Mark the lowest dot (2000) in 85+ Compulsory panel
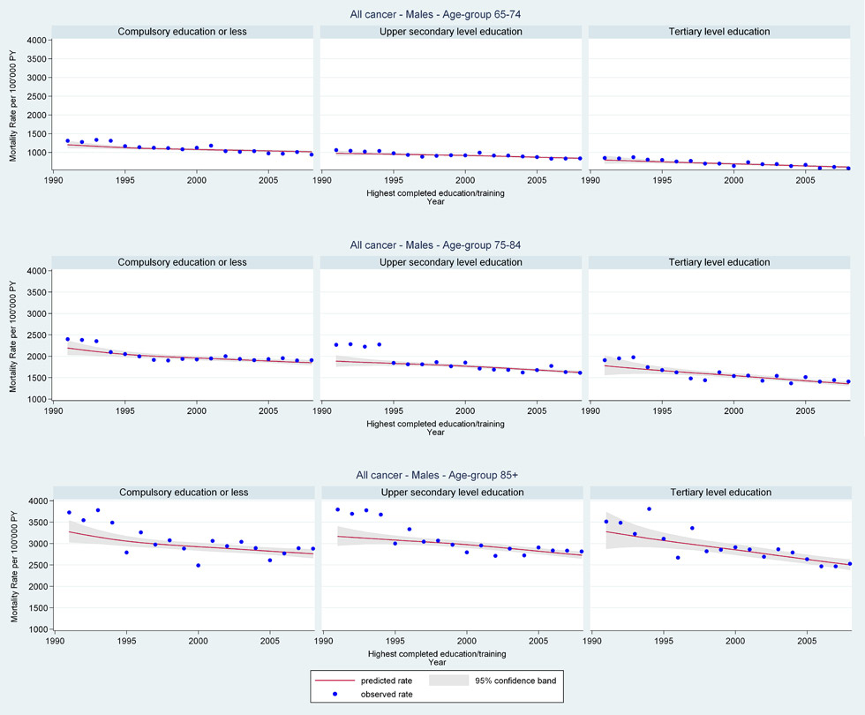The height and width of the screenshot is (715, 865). coord(198,565)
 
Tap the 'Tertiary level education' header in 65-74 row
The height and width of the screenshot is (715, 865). coord(722,32)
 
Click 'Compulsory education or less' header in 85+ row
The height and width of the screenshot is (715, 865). coord(183,493)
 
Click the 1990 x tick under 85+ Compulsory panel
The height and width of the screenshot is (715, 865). coord(54,641)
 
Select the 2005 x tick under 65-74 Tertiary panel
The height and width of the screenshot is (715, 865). coord(806,180)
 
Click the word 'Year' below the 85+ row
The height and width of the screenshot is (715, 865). coord(436,661)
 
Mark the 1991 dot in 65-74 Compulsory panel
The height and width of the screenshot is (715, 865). coord(67,140)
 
